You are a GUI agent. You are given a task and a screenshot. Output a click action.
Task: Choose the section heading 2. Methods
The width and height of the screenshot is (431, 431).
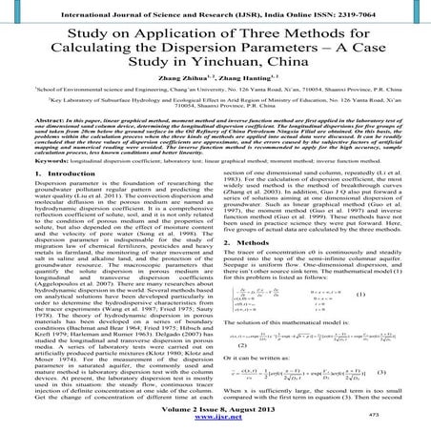[251, 243]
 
